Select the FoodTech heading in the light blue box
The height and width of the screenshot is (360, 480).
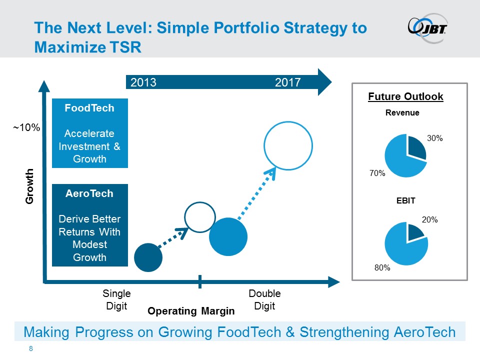pos(90,108)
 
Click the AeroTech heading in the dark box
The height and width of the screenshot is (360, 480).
pos(90,193)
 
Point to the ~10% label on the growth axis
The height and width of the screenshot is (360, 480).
pos(26,128)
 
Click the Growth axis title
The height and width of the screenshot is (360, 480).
pos(29,185)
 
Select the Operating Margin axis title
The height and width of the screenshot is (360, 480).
pos(191,311)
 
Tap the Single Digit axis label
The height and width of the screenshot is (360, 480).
pos(117,299)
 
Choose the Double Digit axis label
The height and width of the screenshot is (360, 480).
pos(264,299)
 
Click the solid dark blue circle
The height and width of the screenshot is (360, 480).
pos(148,257)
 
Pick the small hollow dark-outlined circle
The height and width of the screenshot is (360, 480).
pos(200,217)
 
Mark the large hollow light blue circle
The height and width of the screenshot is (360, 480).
pos(288,145)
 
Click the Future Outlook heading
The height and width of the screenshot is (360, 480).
pos(405,96)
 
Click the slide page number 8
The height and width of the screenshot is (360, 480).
pos(31,348)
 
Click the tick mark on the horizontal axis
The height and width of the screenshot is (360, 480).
pos(200,281)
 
